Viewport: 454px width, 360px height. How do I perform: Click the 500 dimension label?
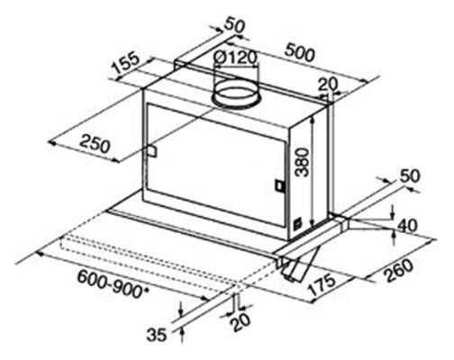click(300, 53)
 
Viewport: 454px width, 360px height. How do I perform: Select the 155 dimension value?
click(126, 65)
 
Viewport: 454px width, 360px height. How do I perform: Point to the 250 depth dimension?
click(95, 143)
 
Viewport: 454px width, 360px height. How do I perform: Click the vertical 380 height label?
click(302, 161)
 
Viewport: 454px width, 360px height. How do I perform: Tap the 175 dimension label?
click(322, 284)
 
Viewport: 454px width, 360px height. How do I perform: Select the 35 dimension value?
click(157, 335)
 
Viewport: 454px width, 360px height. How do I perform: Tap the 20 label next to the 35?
click(240, 321)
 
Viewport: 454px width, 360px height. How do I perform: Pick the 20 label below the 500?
click(328, 85)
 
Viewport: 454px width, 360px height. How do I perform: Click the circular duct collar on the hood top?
click(236, 94)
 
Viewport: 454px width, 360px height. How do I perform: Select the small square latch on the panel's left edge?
click(151, 151)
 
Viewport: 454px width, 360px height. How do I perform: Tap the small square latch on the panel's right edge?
click(280, 185)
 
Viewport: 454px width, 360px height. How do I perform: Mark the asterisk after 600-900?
click(146, 290)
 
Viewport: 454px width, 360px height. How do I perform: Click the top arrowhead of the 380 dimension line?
click(313, 120)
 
